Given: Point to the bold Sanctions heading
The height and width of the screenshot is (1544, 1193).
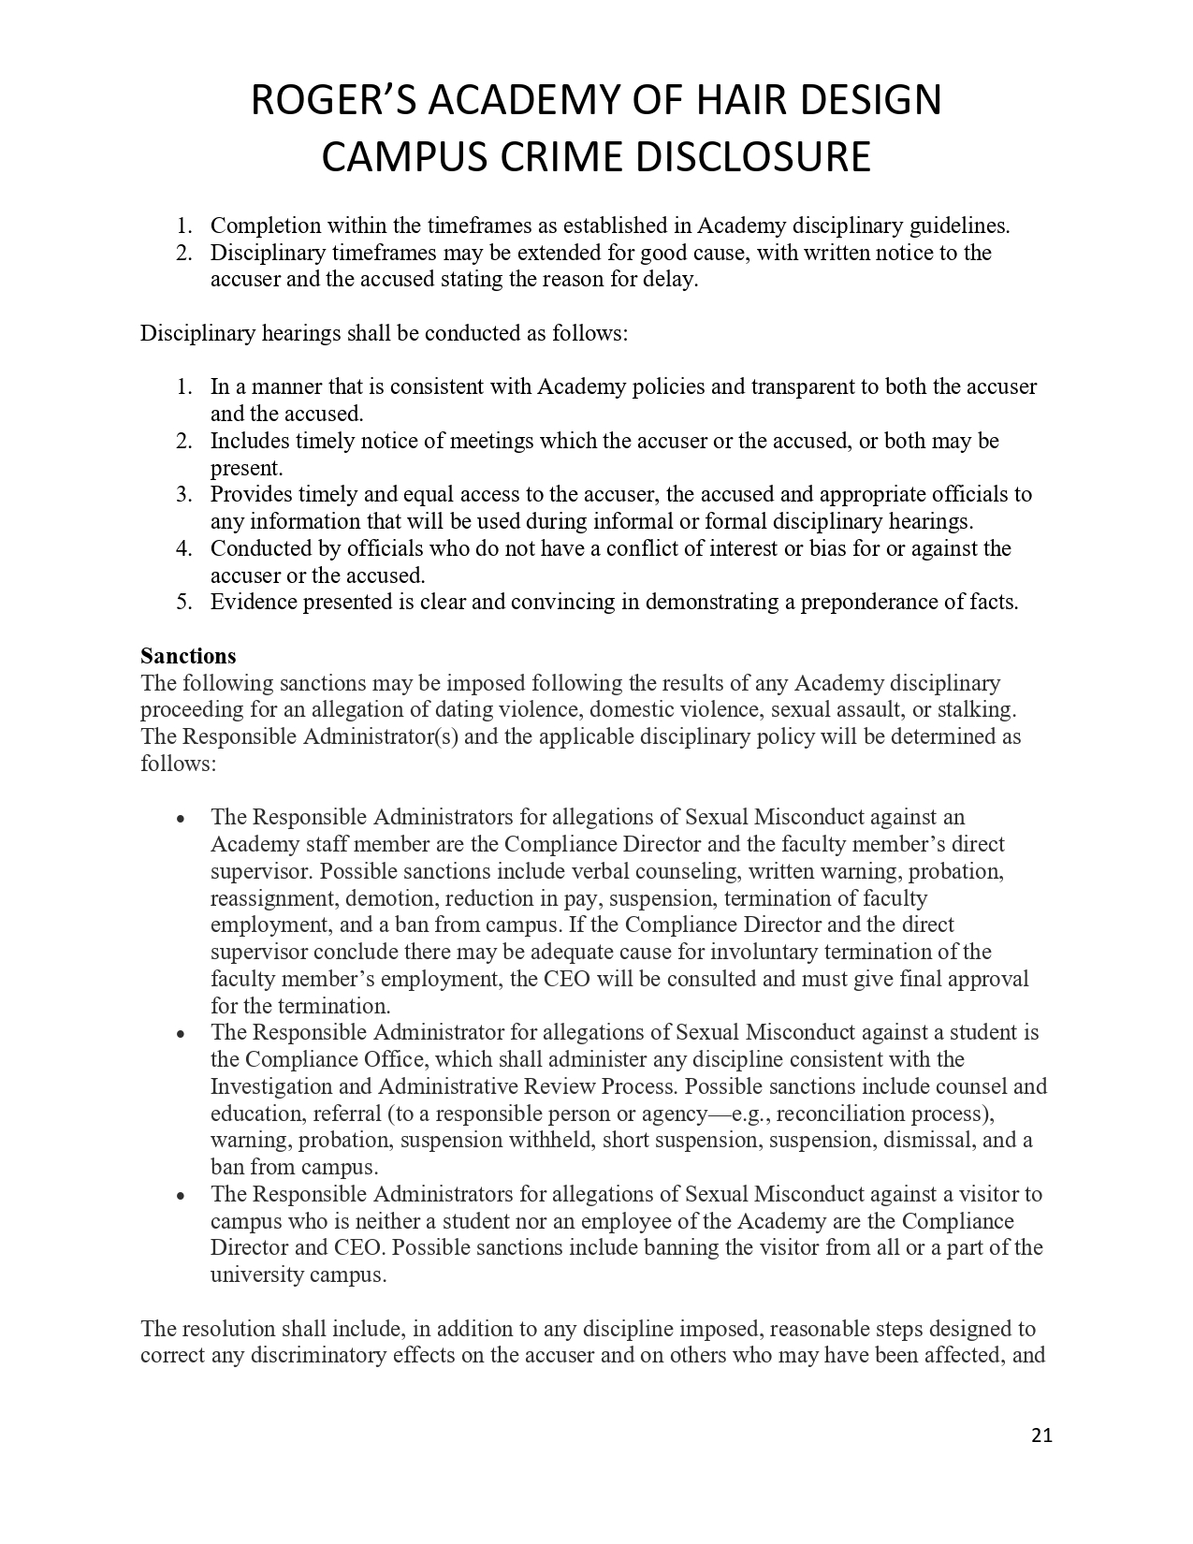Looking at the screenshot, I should click(x=188, y=656).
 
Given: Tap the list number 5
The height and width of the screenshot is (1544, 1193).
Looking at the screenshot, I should click(x=183, y=602).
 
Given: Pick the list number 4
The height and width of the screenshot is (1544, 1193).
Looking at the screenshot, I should click(x=183, y=548).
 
